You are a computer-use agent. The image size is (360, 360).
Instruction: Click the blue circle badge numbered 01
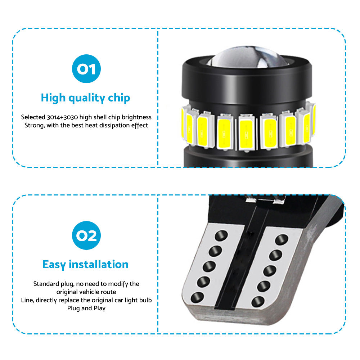click(86, 69)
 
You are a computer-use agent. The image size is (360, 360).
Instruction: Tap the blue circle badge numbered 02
click(86, 235)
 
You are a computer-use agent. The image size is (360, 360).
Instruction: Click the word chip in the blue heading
click(119, 98)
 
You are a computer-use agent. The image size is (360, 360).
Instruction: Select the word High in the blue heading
click(53, 98)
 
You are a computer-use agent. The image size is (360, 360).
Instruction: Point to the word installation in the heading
click(99, 264)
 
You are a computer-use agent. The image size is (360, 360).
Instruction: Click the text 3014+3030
click(62, 117)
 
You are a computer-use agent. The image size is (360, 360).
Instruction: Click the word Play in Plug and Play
click(99, 309)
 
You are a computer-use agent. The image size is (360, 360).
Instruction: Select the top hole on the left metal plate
click(221, 236)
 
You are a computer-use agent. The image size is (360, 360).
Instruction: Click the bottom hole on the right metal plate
click(258, 302)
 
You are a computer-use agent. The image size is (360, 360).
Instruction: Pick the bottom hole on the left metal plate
click(197, 297)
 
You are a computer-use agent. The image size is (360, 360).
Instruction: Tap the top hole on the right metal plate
click(282, 240)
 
